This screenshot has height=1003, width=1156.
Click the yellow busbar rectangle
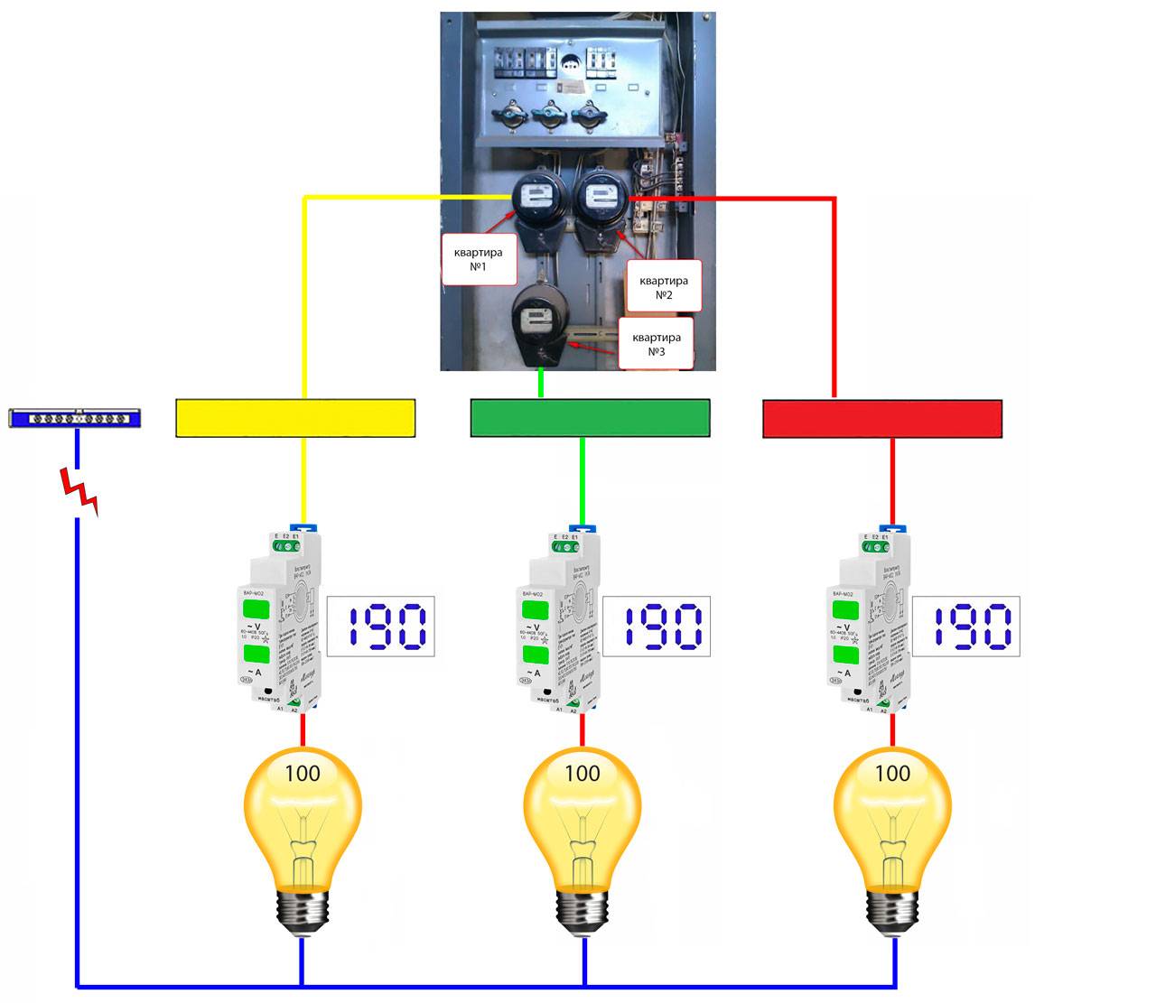point(295,418)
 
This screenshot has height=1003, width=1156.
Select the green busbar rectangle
point(590,418)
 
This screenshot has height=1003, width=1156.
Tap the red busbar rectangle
point(882,419)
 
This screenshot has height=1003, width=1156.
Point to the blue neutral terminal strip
point(74,418)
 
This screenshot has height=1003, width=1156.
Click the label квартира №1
point(478,259)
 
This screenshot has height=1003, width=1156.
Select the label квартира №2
point(663,288)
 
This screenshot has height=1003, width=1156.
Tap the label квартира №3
point(657,344)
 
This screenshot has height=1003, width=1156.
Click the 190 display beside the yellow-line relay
point(379,627)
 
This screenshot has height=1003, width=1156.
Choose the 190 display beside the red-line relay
point(965,627)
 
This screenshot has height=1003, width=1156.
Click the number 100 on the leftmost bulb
point(303,774)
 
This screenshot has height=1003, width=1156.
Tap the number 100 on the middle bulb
point(583,774)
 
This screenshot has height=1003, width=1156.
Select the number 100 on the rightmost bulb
point(892,774)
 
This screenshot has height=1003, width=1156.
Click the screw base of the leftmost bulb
point(302,911)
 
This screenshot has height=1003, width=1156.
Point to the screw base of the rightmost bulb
point(894,911)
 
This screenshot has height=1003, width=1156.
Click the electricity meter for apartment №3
point(539,320)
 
